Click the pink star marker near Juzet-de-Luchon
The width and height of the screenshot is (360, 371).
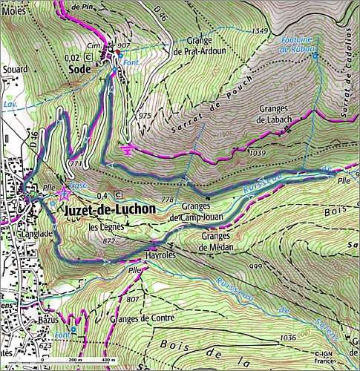[64, 194]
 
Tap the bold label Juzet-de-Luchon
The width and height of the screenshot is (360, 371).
[111, 209]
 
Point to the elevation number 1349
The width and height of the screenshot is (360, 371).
[259, 30]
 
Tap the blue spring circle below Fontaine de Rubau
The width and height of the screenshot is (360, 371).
[315, 56]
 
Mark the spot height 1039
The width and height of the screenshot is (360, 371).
[258, 152]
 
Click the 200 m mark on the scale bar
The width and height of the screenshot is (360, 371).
[73, 361]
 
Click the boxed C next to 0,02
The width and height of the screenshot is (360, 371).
[89, 56]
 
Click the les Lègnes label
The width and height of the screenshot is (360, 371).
[104, 227]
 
